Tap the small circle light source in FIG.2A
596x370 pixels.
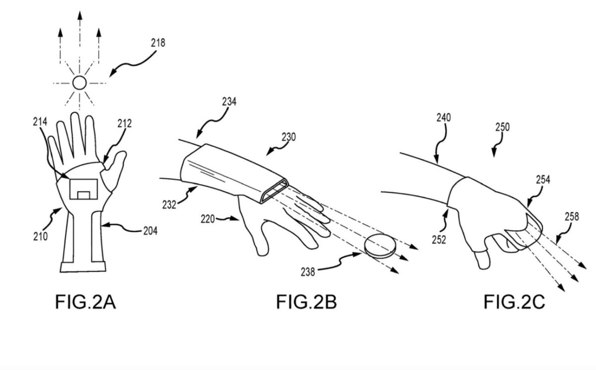79,83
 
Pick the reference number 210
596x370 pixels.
41,236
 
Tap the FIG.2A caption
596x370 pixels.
85,302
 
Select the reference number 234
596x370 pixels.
228,101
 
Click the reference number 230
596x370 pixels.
288,137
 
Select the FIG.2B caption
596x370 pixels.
306,302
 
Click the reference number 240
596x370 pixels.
445,118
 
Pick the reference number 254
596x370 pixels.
543,180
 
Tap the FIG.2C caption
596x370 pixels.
514,302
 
